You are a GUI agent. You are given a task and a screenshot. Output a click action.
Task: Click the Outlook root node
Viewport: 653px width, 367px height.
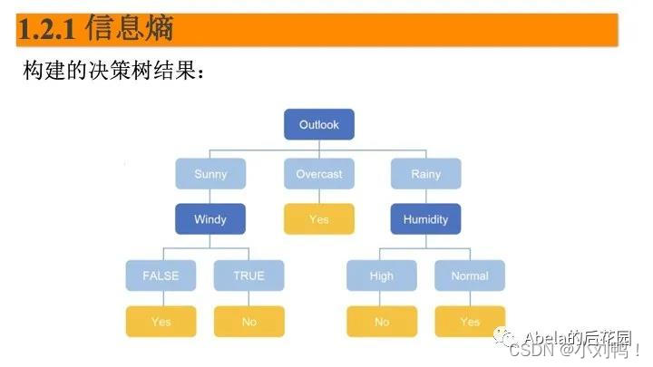point(318,125)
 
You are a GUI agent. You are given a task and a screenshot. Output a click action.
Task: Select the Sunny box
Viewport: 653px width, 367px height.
point(210,173)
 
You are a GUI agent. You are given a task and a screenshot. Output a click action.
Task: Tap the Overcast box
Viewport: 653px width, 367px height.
point(318,173)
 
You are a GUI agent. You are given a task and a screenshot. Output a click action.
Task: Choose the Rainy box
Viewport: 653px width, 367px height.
point(425,173)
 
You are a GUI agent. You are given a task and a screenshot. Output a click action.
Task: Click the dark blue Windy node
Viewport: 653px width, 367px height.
point(210,218)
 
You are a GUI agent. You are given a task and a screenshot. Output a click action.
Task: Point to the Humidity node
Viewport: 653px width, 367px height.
point(425,218)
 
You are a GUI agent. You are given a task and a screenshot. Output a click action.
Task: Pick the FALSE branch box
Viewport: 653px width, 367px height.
point(161,275)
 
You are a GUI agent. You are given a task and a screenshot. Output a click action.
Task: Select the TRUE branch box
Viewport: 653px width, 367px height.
point(249,275)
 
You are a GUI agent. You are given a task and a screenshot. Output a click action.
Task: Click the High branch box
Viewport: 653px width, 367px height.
point(382,275)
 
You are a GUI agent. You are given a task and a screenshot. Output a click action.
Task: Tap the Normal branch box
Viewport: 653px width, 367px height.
point(470,275)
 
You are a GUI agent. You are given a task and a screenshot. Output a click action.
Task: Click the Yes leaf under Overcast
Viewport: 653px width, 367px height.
point(318,218)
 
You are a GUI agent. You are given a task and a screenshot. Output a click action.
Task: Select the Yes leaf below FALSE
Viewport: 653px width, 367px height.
point(161,322)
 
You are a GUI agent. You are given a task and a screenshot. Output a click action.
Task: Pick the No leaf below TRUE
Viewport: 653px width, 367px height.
point(249,322)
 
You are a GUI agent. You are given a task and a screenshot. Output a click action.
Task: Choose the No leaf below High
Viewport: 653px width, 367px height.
point(382,322)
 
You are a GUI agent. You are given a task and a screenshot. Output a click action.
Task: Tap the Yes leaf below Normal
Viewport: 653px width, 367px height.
point(470,322)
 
